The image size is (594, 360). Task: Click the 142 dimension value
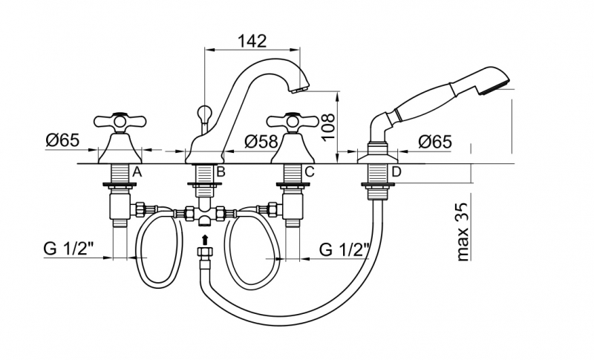[x=252, y=41]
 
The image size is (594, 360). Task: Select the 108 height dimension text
[x=328, y=127]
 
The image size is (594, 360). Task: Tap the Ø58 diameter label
[x=261, y=142]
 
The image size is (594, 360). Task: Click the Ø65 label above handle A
[x=63, y=140]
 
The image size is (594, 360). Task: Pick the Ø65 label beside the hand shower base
[x=435, y=142]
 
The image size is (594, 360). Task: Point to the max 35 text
[x=463, y=232]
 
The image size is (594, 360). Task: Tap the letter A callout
[x=137, y=172]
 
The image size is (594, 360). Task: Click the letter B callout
[x=221, y=172]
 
